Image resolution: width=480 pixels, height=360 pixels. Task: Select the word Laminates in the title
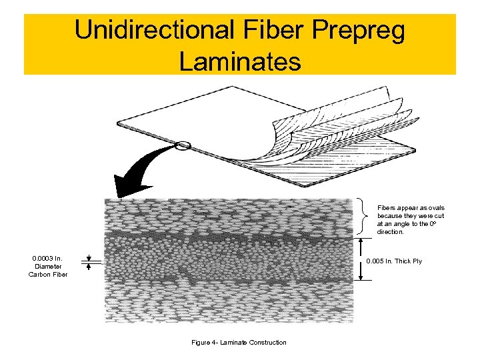[239, 61]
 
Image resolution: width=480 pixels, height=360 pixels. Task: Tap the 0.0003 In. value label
[47, 258]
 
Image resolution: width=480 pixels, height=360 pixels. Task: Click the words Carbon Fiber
[47, 274]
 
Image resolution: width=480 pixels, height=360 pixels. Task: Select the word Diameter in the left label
[47, 266]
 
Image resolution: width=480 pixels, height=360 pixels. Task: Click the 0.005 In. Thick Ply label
[394, 261]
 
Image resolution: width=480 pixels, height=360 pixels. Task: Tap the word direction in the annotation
[390, 232]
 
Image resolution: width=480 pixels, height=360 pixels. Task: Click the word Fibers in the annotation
[387, 208]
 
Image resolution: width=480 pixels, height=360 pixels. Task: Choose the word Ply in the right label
[417, 261]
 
